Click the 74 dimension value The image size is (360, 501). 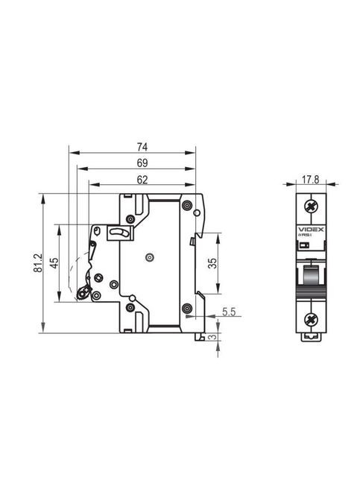[142, 146]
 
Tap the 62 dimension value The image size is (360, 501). [142, 179]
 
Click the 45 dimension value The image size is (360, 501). [54, 262]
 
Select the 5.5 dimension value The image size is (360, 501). [229, 313]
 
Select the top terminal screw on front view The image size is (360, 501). [310, 206]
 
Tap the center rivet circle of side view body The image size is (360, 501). [149, 257]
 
